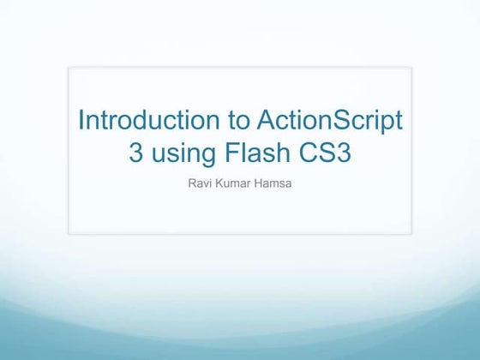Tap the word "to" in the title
(x=224, y=121)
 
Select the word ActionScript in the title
(x=324, y=121)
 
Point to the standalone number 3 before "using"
(x=135, y=154)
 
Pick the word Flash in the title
(x=260, y=154)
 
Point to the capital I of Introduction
(x=81, y=121)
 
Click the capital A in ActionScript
(x=255, y=121)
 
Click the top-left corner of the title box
(x=69, y=66)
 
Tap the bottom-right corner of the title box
(x=411, y=233)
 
